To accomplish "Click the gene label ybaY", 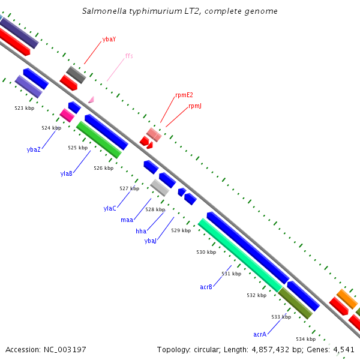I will click(x=109, y=39).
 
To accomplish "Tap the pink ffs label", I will click(x=129, y=56).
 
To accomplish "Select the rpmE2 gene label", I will click(x=184, y=95).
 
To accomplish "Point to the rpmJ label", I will click(x=195, y=106).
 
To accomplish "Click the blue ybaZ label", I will click(x=34, y=149).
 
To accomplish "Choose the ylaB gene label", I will click(x=67, y=173).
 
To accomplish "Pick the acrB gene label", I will click(x=206, y=287).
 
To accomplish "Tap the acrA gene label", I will click(x=260, y=334).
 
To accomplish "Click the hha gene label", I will click(x=141, y=231).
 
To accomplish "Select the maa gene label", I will click(x=127, y=220).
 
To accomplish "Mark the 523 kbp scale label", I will click(x=25, y=108).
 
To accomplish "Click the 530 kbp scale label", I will click(x=206, y=252).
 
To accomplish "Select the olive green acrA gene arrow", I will click(x=295, y=304).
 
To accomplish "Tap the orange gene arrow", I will click(x=347, y=299).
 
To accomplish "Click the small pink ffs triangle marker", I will click(x=91, y=100).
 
